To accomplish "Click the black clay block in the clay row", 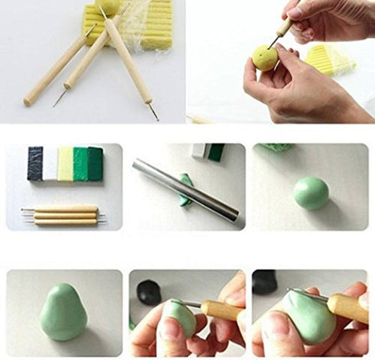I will [x=35, y=163].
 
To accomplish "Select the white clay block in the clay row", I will [x=50, y=164].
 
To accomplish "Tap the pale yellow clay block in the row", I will [x=66, y=164].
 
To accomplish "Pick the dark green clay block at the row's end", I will [x=96, y=163].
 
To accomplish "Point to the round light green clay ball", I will [x=311, y=193].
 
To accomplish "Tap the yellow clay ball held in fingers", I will [x=266, y=58].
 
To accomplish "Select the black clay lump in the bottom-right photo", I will [x=265, y=282].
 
